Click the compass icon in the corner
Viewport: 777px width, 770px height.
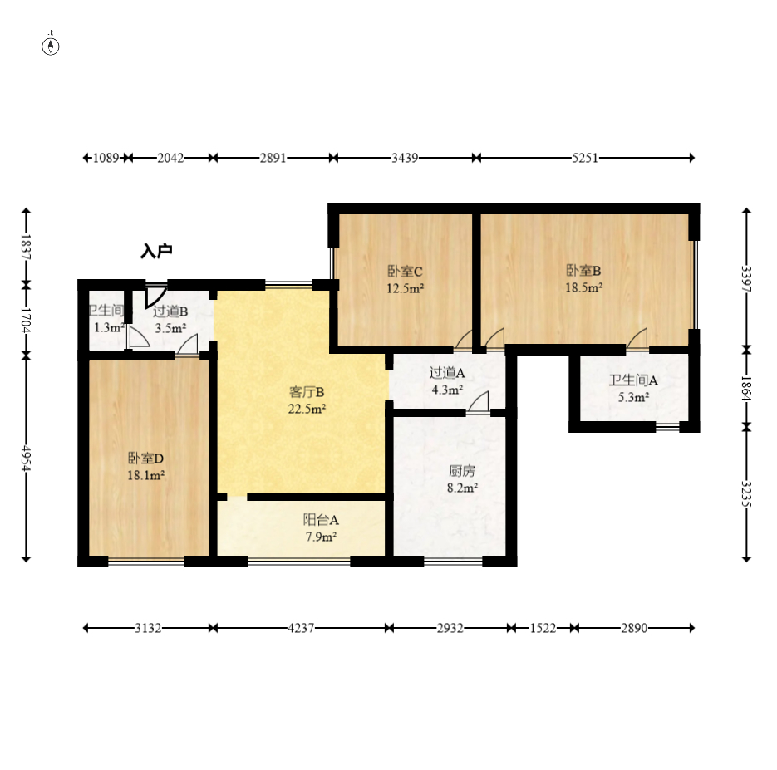pyautogui.click(x=51, y=46)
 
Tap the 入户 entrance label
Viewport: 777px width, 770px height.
pyautogui.click(x=156, y=251)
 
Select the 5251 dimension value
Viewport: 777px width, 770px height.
pyautogui.click(x=585, y=158)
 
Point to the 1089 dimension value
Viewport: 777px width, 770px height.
pyautogui.click(x=106, y=158)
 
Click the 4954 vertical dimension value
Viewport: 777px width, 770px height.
pyautogui.click(x=26, y=459)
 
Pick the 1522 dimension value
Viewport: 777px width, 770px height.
pyautogui.click(x=543, y=628)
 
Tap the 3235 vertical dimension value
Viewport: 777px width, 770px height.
pyautogui.click(x=746, y=493)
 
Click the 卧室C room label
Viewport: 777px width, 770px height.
pyautogui.click(x=405, y=272)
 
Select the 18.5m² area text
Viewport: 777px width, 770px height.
pyautogui.click(x=583, y=287)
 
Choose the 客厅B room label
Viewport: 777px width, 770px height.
pyautogui.click(x=307, y=392)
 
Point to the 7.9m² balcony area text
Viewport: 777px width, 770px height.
pyautogui.click(x=321, y=537)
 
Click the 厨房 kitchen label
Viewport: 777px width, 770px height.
pyautogui.click(x=462, y=471)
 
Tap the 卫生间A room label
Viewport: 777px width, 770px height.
pyautogui.click(x=633, y=380)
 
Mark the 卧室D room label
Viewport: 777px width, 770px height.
pyautogui.click(x=145, y=459)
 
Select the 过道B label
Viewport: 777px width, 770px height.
pyautogui.click(x=170, y=311)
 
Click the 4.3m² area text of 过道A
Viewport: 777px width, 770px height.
pyautogui.click(x=447, y=390)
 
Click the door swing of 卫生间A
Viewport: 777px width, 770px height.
pyautogui.click(x=637, y=338)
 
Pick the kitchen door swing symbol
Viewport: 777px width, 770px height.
pyautogui.click(x=478, y=401)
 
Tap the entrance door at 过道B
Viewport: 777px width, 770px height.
pyautogui.click(x=155, y=296)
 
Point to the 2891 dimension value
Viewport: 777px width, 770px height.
pyautogui.click(x=273, y=158)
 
